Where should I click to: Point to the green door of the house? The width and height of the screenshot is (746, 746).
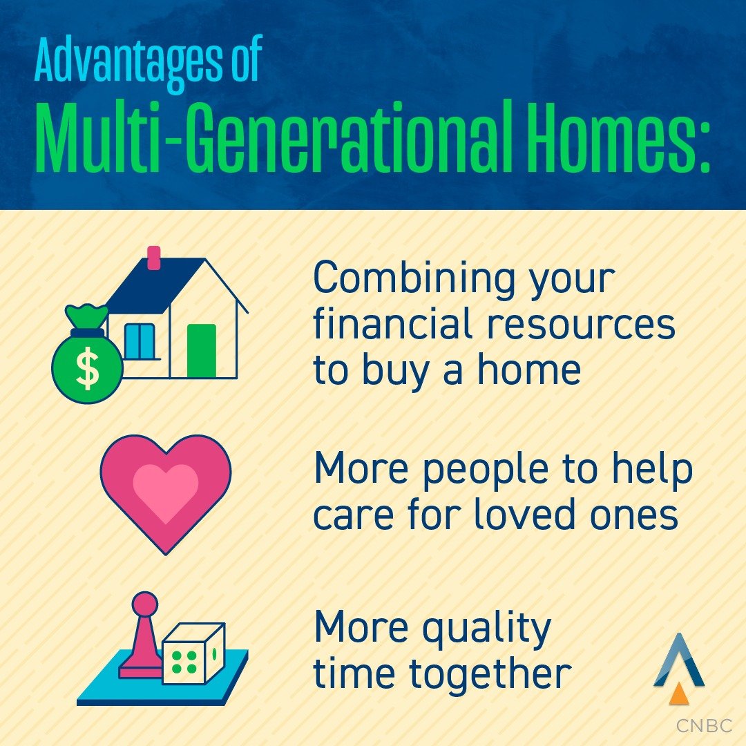pos(202,350)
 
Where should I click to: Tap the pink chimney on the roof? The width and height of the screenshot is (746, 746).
pos(154,258)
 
